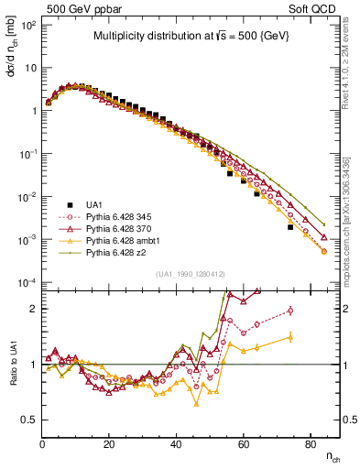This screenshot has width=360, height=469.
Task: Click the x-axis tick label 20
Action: tap(109, 444)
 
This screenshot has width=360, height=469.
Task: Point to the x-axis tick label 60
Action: tap(243, 444)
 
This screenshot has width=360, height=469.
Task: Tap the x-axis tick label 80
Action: tap(310, 444)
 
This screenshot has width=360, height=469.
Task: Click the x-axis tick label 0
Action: tap(43, 444)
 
